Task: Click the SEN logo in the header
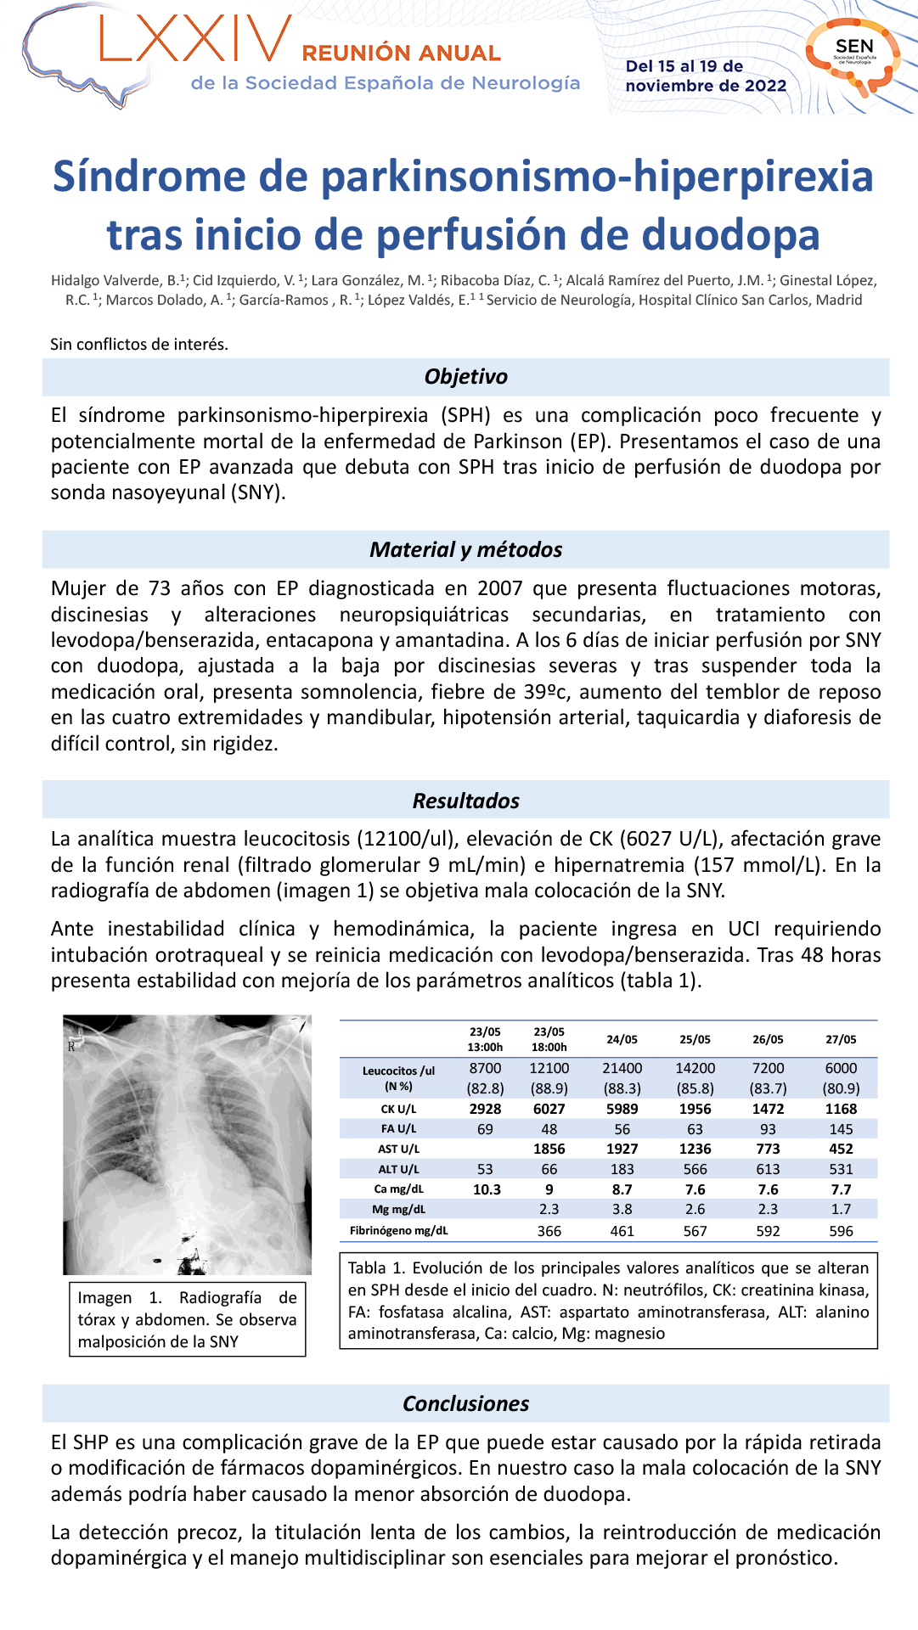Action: point(853,53)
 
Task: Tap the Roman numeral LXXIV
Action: point(195,40)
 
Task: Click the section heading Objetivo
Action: point(465,377)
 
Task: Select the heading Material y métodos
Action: point(465,550)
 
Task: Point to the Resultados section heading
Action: point(465,801)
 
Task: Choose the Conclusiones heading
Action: point(465,1403)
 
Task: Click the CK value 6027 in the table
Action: point(549,1109)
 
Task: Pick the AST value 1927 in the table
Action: point(622,1149)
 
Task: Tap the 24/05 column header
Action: point(622,1039)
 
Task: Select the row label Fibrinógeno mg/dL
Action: point(398,1230)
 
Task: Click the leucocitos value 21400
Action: point(622,1068)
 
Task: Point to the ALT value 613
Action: point(768,1169)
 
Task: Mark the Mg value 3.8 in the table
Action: point(622,1209)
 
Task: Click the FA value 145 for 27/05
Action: point(841,1129)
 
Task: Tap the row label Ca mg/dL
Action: point(398,1189)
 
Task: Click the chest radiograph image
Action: point(187,1144)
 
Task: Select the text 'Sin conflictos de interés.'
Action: point(139,344)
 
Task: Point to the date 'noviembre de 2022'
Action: point(706,86)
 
